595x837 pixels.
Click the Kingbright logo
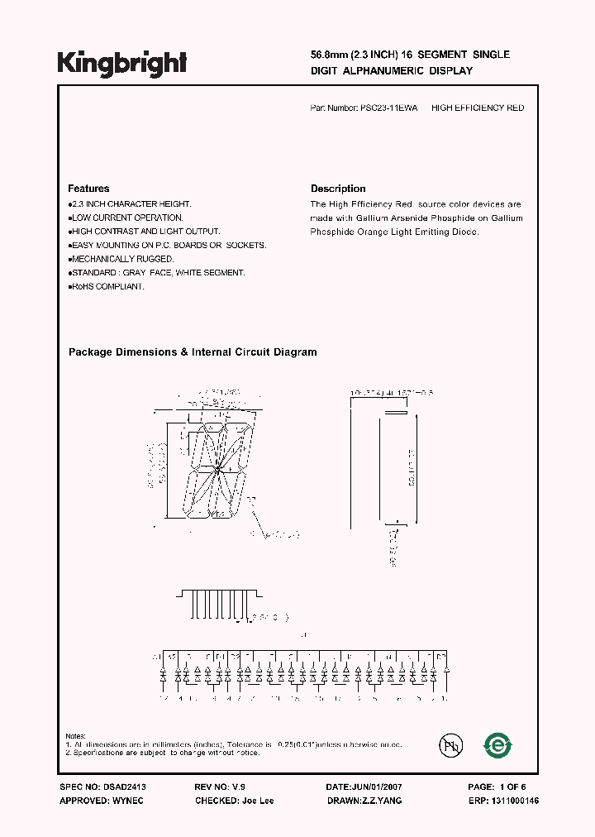click(122, 62)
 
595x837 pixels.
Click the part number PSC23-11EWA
click(388, 108)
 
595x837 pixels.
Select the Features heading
click(88, 189)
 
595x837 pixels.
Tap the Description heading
click(338, 189)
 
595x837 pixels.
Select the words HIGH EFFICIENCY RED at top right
click(478, 108)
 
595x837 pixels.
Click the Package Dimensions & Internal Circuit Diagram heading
click(193, 352)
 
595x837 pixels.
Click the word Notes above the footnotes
click(76, 736)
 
